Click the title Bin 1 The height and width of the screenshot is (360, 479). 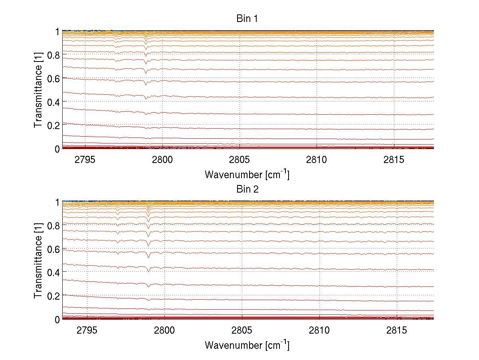(x=247, y=18)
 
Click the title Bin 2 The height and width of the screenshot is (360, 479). (x=247, y=189)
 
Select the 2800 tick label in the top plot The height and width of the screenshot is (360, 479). (x=162, y=160)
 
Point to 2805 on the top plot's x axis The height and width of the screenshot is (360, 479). (x=239, y=160)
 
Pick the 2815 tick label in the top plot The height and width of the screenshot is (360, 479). (x=394, y=160)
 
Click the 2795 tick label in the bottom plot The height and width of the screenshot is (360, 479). (x=87, y=330)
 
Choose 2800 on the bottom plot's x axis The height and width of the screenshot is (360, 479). (x=164, y=330)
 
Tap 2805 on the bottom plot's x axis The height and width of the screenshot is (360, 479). (x=242, y=330)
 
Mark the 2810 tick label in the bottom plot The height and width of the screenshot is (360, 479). (x=319, y=330)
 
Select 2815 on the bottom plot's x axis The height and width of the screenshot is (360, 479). (x=397, y=330)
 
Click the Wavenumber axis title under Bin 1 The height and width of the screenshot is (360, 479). (x=247, y=174)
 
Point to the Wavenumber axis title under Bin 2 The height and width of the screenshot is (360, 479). (x=247, y=345)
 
